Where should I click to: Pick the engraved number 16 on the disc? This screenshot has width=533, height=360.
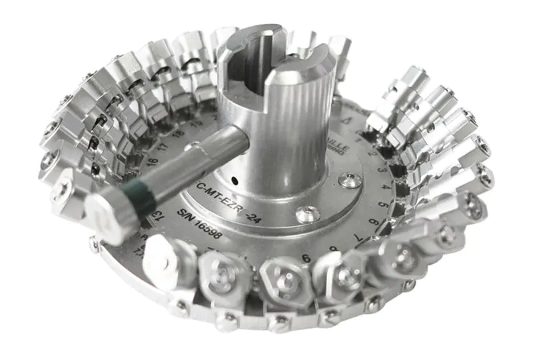pyautogui.click(x=153, y=160)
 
